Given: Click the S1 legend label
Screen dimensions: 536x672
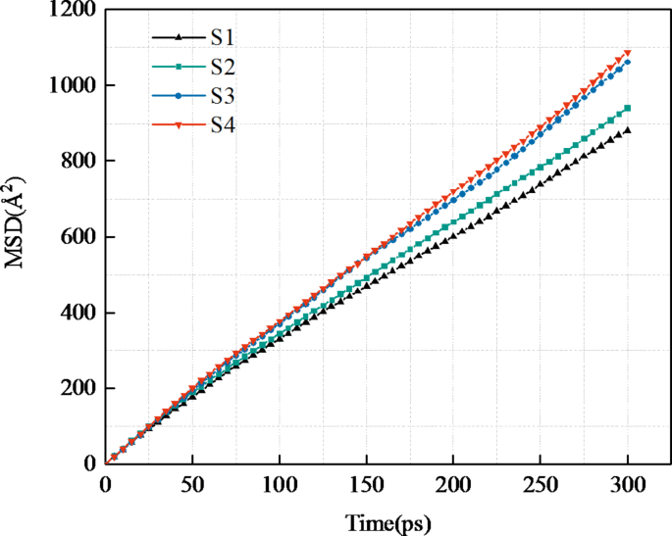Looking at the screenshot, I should [222, 38].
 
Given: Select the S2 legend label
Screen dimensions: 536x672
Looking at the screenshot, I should [222, 68].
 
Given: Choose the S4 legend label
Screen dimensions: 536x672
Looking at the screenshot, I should [222, 125].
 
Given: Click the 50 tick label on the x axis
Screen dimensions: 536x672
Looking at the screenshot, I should [192, 483].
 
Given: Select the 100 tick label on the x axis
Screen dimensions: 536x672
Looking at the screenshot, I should [280, 483].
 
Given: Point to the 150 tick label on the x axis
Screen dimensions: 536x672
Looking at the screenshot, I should [366, 483].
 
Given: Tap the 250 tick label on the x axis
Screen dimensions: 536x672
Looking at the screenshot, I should [541, 483].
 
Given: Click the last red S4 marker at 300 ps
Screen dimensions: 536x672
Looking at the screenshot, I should [627, 53].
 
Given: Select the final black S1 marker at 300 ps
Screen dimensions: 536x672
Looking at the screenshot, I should [627, 130].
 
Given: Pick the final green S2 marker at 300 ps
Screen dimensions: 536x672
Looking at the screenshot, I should [627, 108].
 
